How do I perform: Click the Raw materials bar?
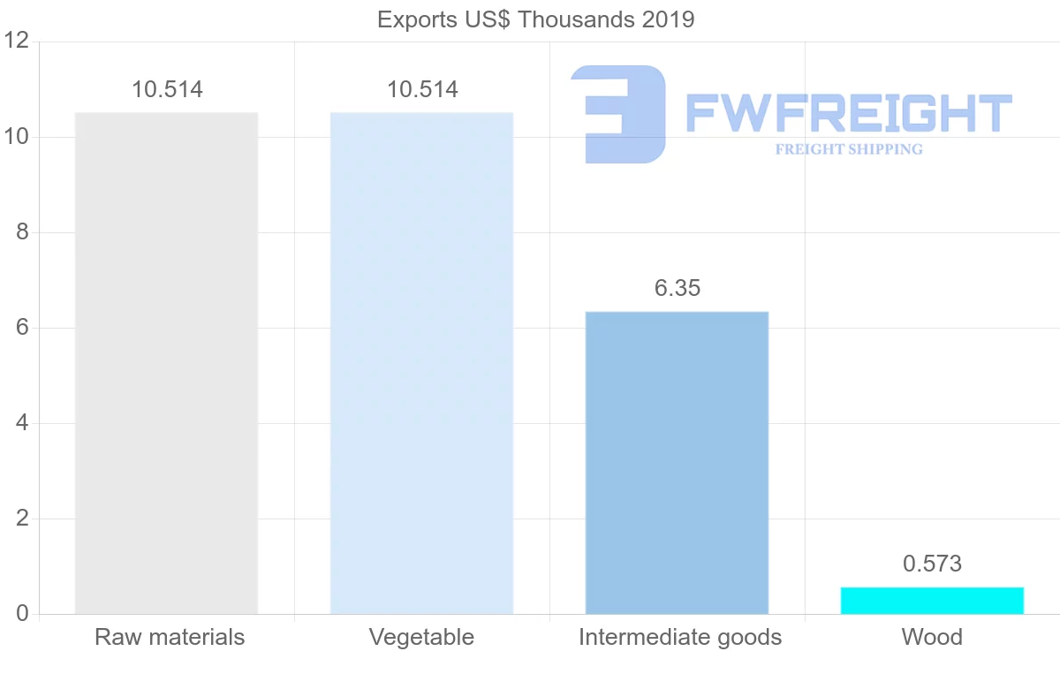(166, 362)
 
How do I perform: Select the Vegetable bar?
(421, 362)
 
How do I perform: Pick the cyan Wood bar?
(932, 601)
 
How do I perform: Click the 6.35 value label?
(678, 288)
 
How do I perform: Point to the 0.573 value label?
(932, 564)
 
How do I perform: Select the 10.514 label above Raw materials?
(167, 89)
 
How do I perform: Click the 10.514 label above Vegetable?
(422, 89)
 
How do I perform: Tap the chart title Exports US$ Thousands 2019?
(536, 19)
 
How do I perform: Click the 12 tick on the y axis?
(18, 41)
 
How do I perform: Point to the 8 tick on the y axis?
(24, 232)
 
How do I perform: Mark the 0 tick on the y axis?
(24, 614)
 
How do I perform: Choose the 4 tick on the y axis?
(24, 423)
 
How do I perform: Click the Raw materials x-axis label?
(170, 637)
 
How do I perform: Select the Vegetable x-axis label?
(421, 637)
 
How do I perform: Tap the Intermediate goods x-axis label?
(680, 637)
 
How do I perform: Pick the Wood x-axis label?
(932, 637)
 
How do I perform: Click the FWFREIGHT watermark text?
(848, 114)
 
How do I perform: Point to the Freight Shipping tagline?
(849, 149)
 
